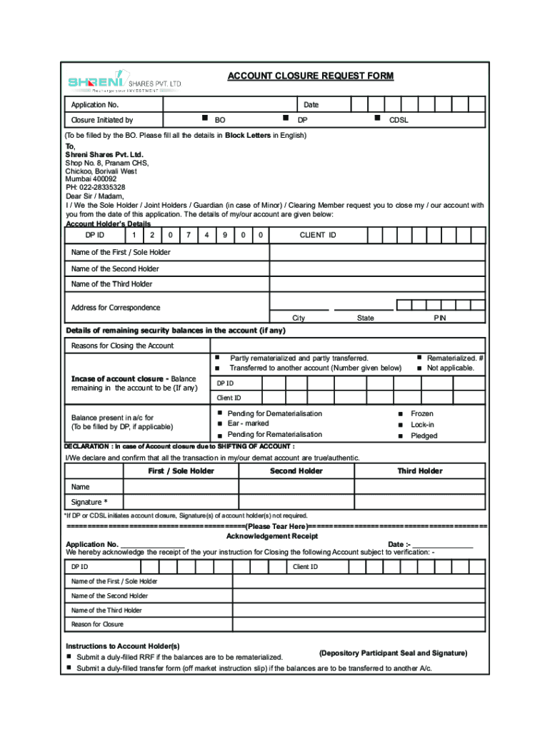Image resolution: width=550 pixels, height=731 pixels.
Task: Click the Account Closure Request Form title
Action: click(x=310, y=76)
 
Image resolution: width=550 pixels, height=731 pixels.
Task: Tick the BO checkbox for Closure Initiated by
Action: click(x=204, y=117)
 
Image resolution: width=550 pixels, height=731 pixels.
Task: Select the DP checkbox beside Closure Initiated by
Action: click(x=285, y=117)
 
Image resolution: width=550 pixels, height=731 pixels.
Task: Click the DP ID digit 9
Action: click(x=224, y=235)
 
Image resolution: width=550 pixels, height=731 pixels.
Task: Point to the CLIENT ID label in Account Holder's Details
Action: click(x=318, y=235)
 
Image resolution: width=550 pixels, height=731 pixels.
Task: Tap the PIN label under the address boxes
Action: click(x=440, y=318)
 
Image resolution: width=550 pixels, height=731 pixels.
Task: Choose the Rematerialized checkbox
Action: click(x=419, y=357)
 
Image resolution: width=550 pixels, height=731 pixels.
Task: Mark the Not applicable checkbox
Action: click(x=419, y=368)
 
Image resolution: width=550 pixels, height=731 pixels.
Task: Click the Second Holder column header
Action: click(x=296, y=471)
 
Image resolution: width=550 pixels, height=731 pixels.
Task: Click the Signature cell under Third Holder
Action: click(x=420, y=502)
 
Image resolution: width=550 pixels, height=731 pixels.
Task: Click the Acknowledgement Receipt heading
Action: click(x=272, y=535)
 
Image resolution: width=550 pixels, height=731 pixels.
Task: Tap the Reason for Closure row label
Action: click(x=97, y=625)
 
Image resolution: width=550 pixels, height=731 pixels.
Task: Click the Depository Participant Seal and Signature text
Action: click(x=393, y=653)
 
